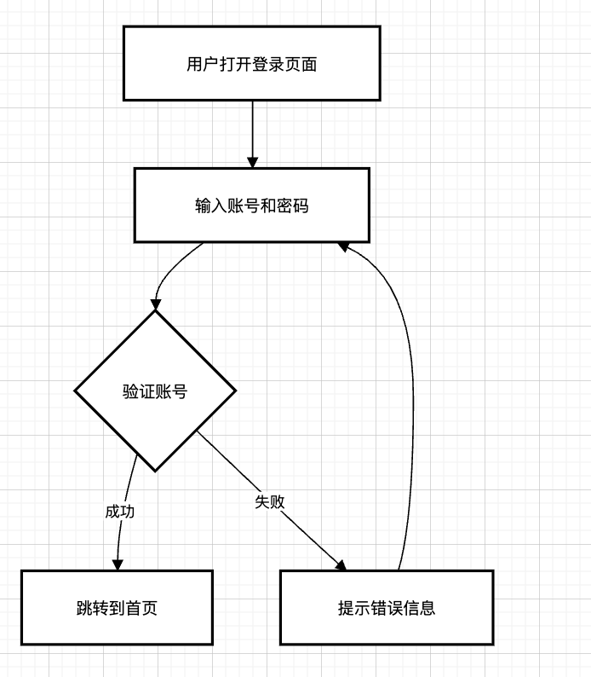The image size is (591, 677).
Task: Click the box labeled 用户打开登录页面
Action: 251,63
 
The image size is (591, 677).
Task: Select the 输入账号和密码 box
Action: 251,205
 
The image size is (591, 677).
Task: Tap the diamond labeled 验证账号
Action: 155,391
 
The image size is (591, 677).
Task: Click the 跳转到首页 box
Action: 117,607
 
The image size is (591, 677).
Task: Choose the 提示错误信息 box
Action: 387,607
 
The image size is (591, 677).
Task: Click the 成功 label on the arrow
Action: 120,512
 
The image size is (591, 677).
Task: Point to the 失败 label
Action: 269,502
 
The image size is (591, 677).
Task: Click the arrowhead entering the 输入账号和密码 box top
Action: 252,161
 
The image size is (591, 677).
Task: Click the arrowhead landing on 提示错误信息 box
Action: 341,564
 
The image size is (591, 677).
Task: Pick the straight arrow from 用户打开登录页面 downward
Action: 252,128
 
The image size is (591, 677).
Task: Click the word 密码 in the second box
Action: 292,205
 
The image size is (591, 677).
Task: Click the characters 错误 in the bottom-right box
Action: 387,608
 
